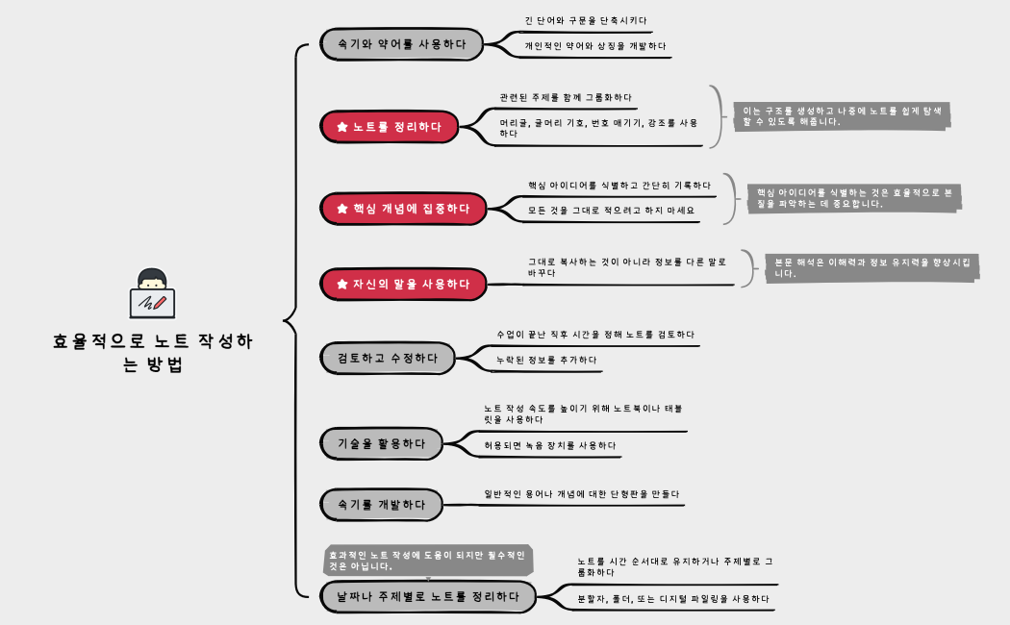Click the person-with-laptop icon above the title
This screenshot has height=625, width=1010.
[152, 293]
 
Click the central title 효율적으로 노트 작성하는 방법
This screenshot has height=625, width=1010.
[153, 353]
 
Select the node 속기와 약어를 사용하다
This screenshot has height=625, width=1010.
[402, 44]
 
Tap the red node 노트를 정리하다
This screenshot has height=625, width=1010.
[389, 126]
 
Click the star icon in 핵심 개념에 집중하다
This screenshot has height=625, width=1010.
[341, 208]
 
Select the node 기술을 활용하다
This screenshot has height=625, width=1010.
[381, 443]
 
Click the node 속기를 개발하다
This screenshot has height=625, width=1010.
[381, 504]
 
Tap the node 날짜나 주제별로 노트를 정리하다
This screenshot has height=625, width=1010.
[427, 596]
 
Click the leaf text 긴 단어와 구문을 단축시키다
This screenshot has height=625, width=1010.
[585, 20]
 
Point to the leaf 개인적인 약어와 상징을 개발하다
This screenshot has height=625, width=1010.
[594, 45]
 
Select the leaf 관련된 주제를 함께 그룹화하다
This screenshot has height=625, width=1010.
[566, 98]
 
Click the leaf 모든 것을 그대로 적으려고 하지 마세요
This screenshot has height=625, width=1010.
[610, 210]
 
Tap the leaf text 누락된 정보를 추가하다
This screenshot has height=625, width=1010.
[545, 360]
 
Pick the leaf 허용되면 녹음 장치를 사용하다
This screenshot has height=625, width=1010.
[549, 445]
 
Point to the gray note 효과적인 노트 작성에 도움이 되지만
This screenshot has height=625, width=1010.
[427, 561]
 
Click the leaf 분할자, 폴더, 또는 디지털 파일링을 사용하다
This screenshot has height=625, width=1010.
[672, 598]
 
